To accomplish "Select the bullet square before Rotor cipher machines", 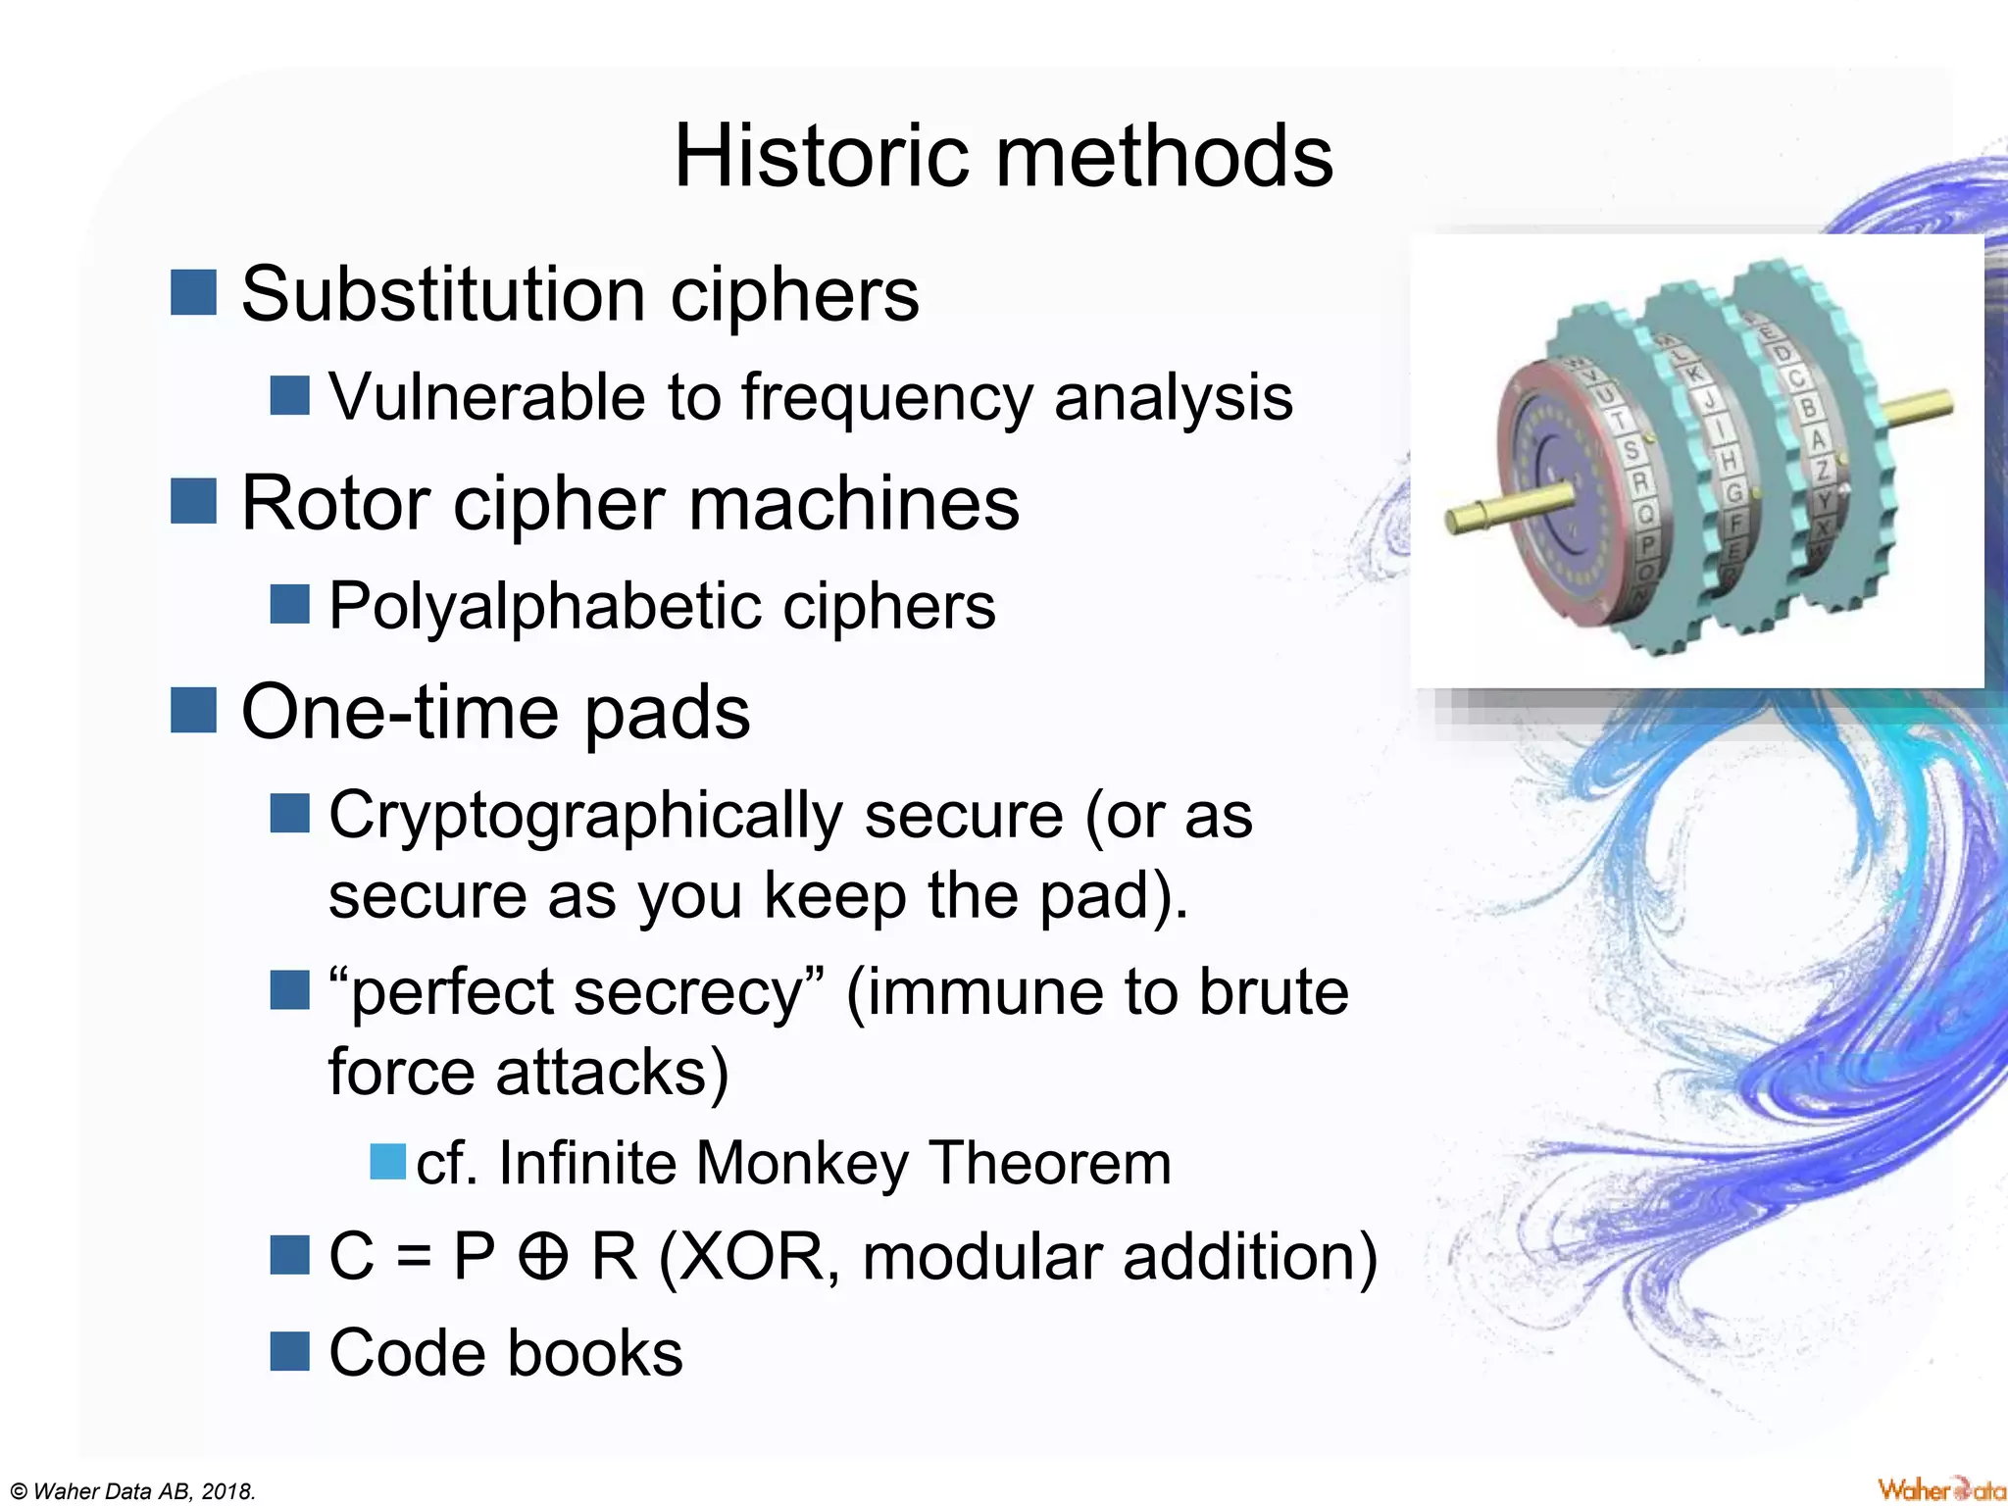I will pyautogui.click(x=193, y=501).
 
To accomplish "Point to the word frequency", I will pyautogui.click(x=886, y=398).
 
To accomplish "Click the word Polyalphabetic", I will pyautogui.click(x=545, y=606).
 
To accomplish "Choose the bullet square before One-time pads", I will pyautogui.click(x=193, y=710).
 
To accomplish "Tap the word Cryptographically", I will pyautogui.click(x=585, y=816).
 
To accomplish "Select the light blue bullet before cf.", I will pyautogui.click(x=387, y=1162).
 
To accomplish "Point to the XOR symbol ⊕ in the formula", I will pyautogui.click(x=543, y=1258).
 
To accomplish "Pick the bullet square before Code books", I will pyautogui.click(x=289, y=1351).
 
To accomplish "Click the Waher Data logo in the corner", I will pyautogui.click(x=1940, y=1489).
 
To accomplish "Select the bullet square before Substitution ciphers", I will pyautogui.click(x=193, y=293).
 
